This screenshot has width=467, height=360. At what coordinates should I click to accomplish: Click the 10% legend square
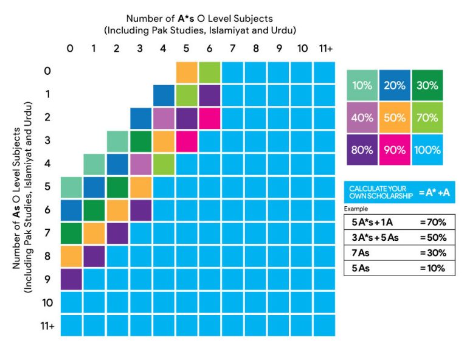click(x=362, y=85)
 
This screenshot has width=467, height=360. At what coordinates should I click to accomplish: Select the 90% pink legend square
click(x=395, y=150)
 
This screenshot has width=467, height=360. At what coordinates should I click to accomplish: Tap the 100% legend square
click(x=427, y=150)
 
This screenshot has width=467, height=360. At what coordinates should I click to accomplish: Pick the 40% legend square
click(x=362, y=117)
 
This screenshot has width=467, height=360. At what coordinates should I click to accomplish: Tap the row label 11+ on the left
click(x=47, y=326)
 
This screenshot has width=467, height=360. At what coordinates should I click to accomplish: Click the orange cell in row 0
click(x=187, y=72)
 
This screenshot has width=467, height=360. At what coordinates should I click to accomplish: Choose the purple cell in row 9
click(x=71, y=279)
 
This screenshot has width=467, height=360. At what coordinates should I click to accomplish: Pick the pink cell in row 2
click(x=210, y=118)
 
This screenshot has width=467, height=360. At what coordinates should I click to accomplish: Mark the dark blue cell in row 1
click(x=164, y=95)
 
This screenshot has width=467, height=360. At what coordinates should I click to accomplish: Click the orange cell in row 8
click(x=71, y=256)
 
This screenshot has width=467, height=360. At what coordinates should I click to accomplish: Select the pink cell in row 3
click(x=187, y=141)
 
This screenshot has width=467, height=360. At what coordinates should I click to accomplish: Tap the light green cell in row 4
click(x=164, y=164)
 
